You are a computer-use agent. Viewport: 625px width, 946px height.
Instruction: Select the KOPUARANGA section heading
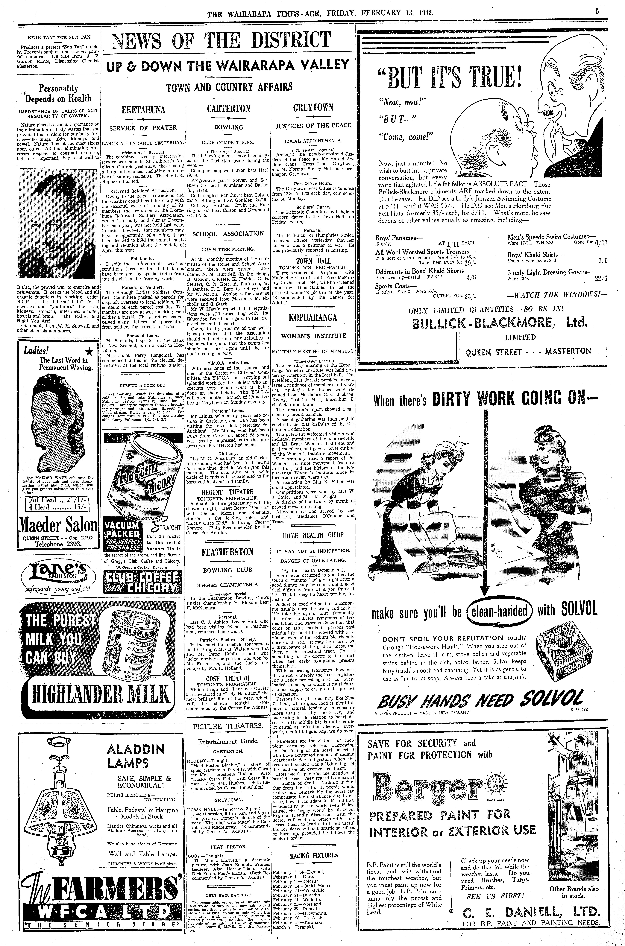[313, 318]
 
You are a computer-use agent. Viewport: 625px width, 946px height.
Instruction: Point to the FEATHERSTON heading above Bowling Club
[228, 552]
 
